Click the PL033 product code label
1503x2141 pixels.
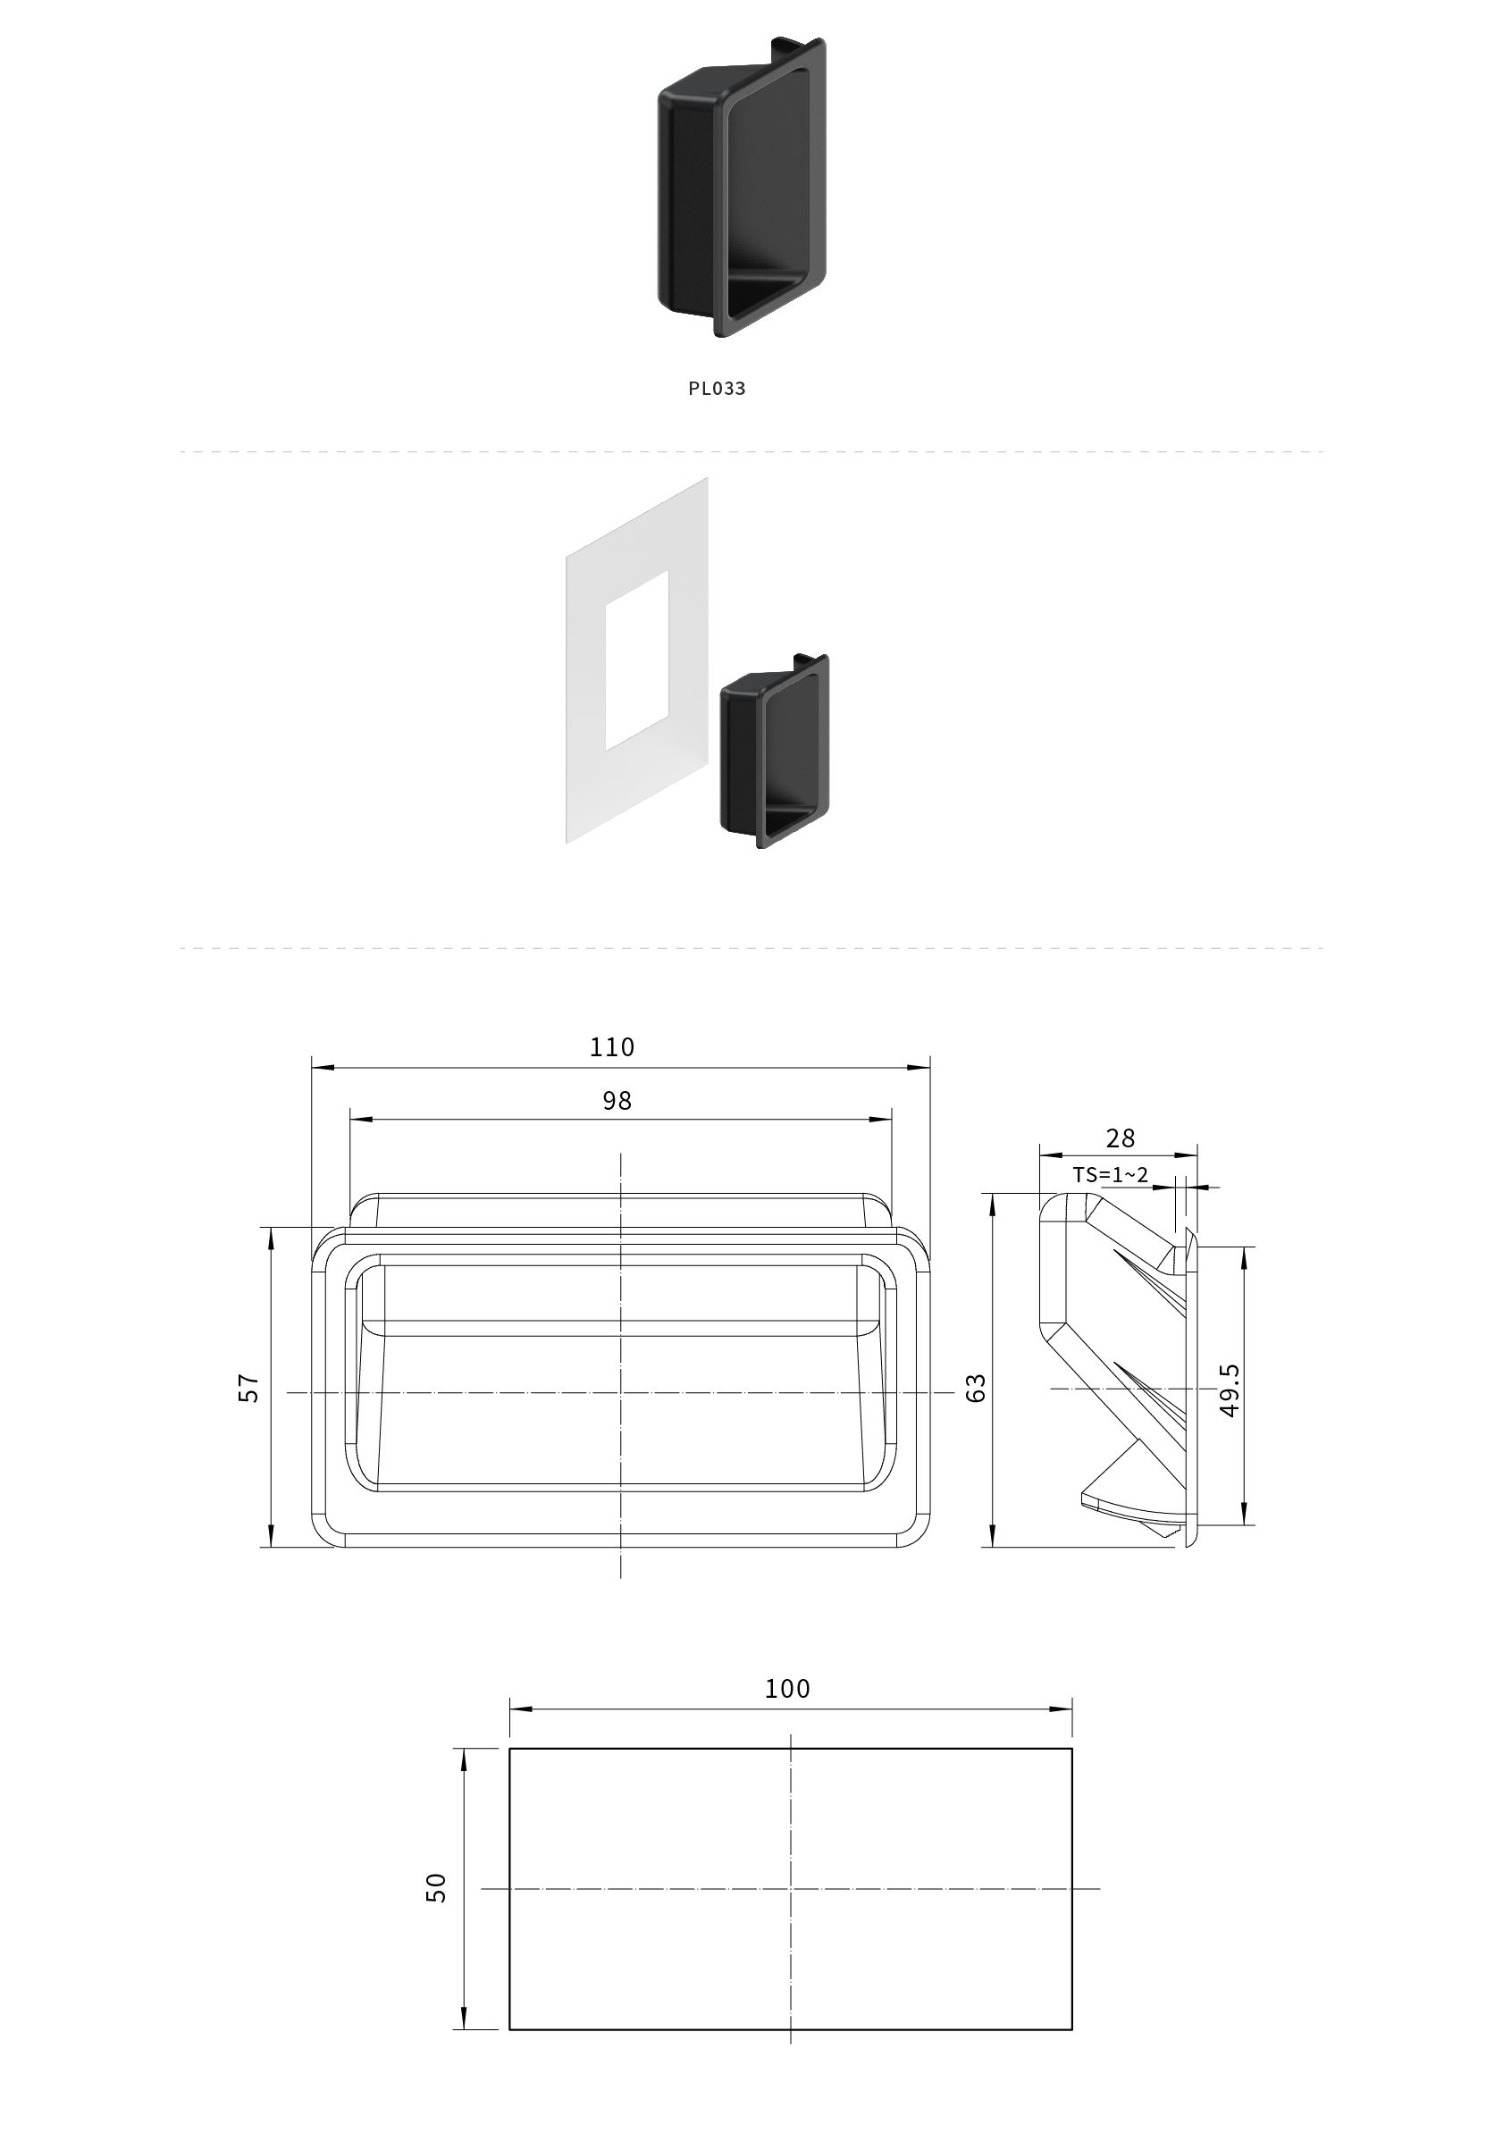tap(716, 388)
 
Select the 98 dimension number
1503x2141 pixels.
tap(617, 1101)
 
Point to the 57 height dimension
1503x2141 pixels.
tap(249, 1388)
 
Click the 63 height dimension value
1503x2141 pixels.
tap(976, 1388)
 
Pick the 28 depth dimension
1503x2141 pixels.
tap(1120, 1138)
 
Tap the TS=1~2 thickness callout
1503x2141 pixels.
tap(1110, 1175)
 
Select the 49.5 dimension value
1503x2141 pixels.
tap(1230, 1390)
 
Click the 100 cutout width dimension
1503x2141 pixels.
tap(787, 1689)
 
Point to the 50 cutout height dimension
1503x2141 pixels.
tap(436, 1887)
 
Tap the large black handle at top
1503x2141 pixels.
tap(743, 186)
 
